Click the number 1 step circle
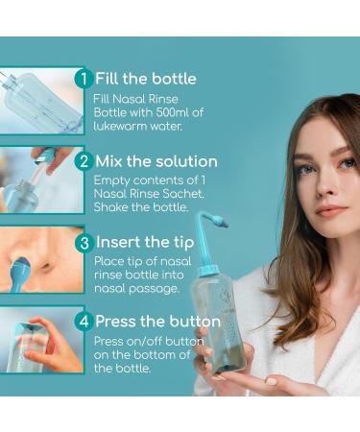pyautogui.click(x=84, y=79)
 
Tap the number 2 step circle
pyautogui.click(x=84, y=161)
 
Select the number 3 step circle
pyautogui.click(x=84, y=243)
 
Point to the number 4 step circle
pyautogui.click(x=84, y=321)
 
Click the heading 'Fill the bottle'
pyautogui.click(x=146, y=79)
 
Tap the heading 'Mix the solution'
pyautogui.click(x=156, y=161)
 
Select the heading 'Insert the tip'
pyautogui.click(x=145, y=243)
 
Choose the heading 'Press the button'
pyautogui.click(x=158, y=322)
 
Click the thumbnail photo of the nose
pyautogui.click(x=41, y=259)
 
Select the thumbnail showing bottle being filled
pyautogui.click(x=41, y=101)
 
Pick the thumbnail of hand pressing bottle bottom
pyautogui.click(x=41, y=340)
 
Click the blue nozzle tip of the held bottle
pyautogui.click(x=221, y=221)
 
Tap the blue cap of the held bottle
pyautogui.click(x=207, y=271)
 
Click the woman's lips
pyautogui.click(x=332, y=210)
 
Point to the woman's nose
pyautogui.click(x=326, y=185)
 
